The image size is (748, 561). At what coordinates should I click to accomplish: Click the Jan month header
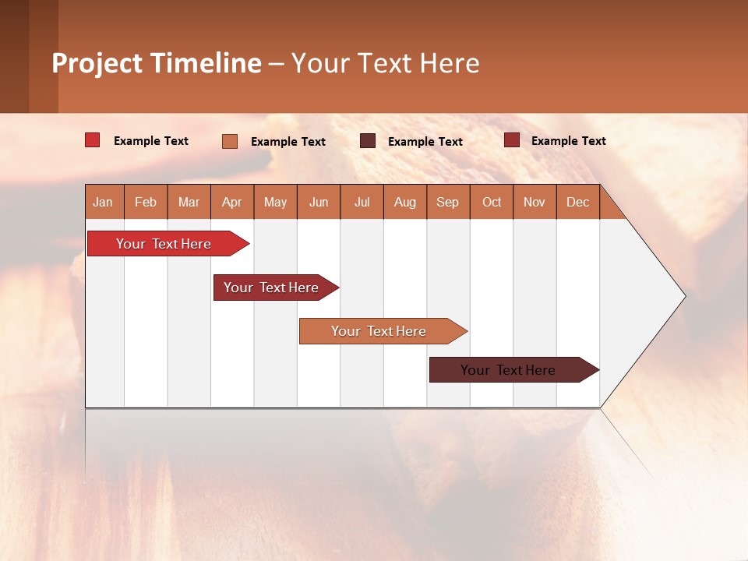(x=104, y=202)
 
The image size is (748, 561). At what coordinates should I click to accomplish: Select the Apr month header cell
(x=232, y=202)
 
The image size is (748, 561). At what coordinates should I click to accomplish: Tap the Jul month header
(x=362, y=202)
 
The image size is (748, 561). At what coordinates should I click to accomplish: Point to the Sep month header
(x=448, y=202)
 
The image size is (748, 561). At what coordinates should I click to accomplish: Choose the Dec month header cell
(x=577, y=202)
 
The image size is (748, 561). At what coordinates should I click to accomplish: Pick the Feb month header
(x=146, y=202)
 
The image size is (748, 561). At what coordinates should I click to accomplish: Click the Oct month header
(x=492, y=202)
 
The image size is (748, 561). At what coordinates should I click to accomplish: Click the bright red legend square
(x=93, y=140)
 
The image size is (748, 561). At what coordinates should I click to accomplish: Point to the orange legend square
(x=230, y=141)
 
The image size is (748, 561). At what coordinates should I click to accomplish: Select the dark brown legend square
(x=368, y=141)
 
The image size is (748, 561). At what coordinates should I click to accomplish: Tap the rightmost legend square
(x=512, y=140)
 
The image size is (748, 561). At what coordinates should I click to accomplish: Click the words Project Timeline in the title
(x=157, y=63)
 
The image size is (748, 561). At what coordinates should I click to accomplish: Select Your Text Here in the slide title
(x=386, y=63)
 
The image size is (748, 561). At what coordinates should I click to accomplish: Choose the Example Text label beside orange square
(x=288, y=142)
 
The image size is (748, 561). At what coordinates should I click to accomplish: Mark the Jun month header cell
(x=319, y=202)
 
